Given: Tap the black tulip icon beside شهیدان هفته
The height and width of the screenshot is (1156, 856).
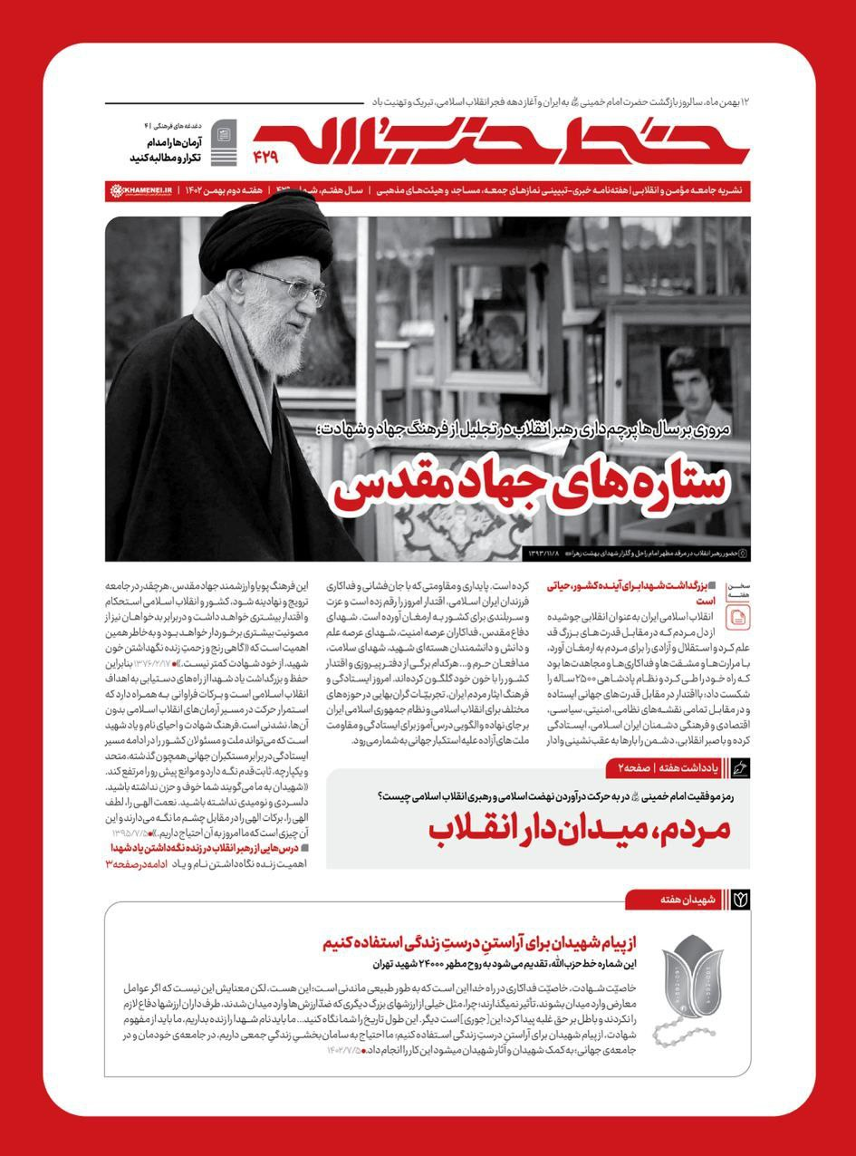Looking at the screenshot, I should pyautogui.click(x=740, y=899).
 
